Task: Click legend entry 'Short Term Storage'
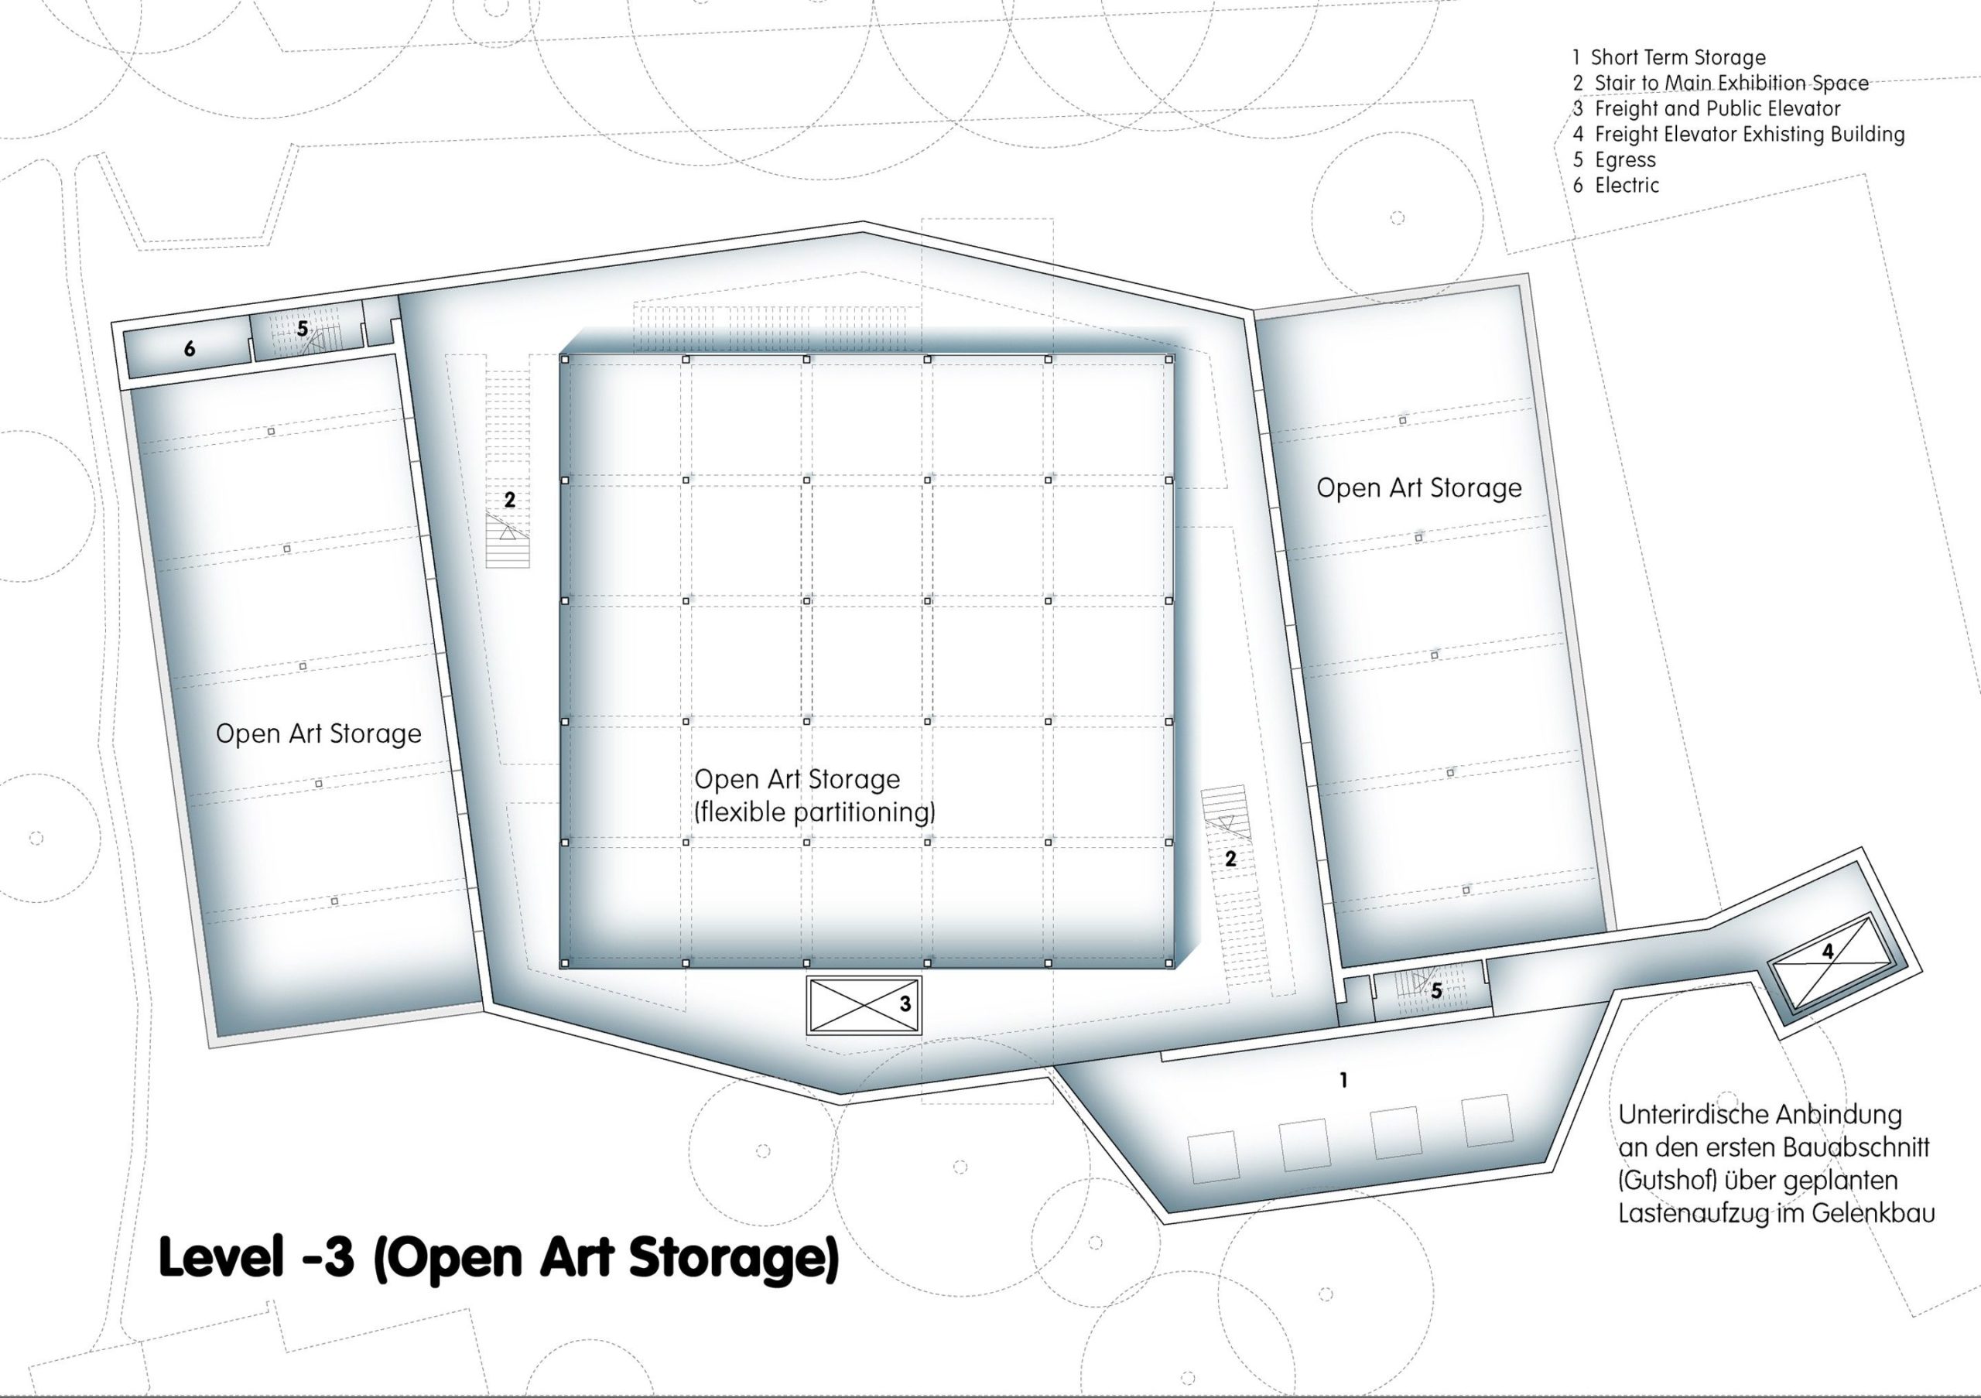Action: [x=1668, y=58]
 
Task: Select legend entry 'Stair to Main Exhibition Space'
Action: [x=1720, y=83]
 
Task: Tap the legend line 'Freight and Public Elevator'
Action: [x=1706, y=108]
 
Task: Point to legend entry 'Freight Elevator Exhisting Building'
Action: [x=1739, y=135]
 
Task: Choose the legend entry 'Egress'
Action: [x=1614, y=160]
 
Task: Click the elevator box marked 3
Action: [x=864, y=1005]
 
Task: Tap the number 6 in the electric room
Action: [x=190, y=348]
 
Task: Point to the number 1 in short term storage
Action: [x=1343, y=1080]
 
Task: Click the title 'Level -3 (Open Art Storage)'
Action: [x=498, y=1258]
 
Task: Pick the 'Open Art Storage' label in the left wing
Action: [x=318, y=734]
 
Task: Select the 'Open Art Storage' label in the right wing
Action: [x=1419, y=488]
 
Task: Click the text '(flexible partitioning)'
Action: [x=815, y=812]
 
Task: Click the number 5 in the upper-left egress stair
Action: [x=302, y=330]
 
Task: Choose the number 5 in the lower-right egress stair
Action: [x=1435, y=992]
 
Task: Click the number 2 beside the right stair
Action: [x=1230, y=859]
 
